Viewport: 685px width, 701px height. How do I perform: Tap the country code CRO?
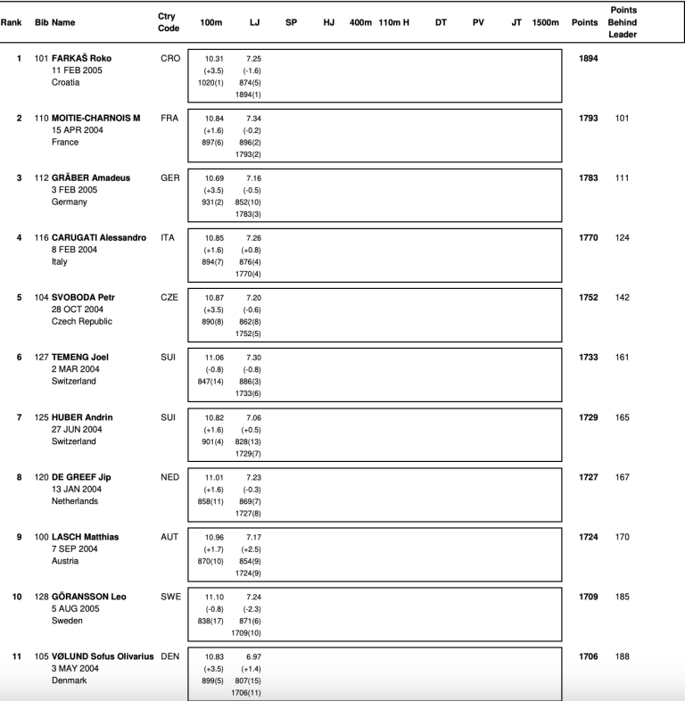(169, 58)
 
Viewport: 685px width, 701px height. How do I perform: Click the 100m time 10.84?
(214, 119)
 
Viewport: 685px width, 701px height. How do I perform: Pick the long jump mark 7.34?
(253, 119)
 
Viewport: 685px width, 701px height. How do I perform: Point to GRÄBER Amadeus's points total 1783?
(588, 177)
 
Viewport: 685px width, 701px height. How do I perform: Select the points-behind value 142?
(622, 297)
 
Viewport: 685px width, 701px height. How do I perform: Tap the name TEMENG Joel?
(80, 357)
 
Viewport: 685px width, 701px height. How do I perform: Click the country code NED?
(169, 477)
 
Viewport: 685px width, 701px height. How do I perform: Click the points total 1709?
(588, 597)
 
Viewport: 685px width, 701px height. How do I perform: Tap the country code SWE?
(169, 597)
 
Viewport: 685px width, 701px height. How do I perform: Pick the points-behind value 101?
(622, 118)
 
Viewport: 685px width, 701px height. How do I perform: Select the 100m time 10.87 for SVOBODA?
(214, 298)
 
